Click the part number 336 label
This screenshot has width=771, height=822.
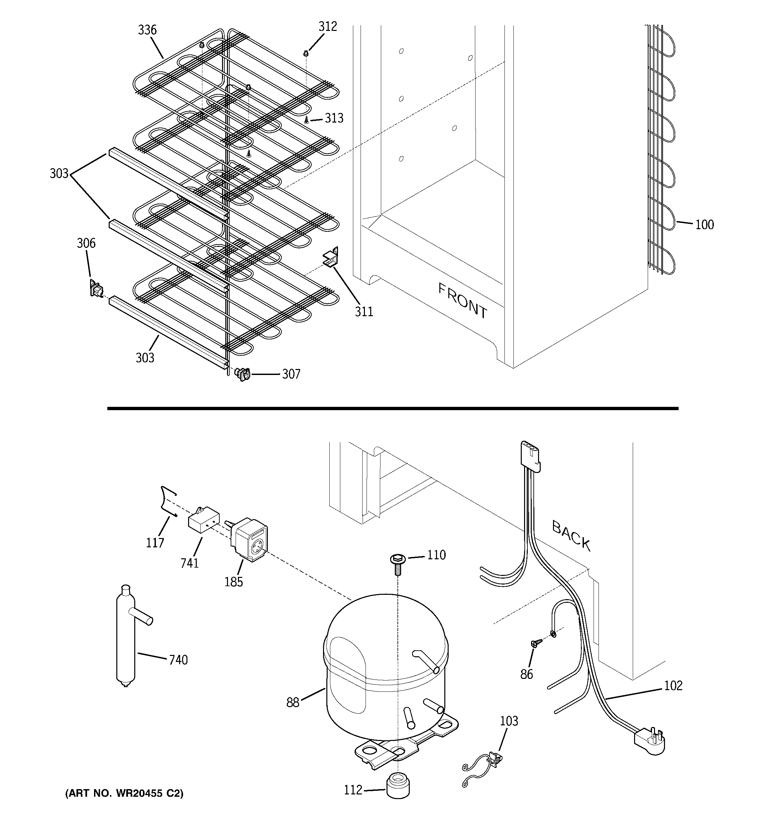coord(147,30)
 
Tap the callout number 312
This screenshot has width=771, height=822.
coord(327,27)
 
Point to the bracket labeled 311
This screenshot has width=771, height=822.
coord(331,257)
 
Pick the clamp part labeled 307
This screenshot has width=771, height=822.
coord(242,374)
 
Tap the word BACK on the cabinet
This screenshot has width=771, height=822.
coord(571,535)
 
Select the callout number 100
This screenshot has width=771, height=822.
coord(705,225)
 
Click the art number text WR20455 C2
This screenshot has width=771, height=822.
coord(124,793)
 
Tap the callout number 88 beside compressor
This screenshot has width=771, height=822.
coord(292,702)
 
